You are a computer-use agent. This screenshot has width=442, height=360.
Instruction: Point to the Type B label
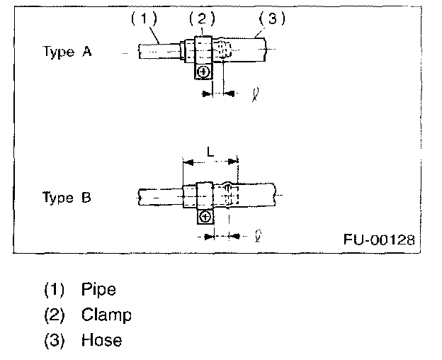coord(67,198)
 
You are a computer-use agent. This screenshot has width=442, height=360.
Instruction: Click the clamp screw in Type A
coord(203,72)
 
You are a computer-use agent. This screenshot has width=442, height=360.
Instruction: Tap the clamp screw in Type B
coord(205,217)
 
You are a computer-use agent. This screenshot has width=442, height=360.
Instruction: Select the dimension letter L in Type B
coord(210,152)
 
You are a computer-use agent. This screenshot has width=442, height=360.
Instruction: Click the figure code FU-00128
coord(379,239)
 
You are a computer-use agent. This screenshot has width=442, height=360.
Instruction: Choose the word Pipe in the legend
coord(98,289)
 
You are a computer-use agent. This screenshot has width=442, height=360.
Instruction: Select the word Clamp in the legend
coord(106,315)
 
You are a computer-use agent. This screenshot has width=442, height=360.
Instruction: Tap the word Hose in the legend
coord(101,340)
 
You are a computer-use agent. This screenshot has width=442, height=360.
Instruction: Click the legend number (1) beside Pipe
coord(54,289)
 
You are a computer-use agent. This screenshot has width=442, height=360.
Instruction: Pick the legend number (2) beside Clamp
coord(54,315)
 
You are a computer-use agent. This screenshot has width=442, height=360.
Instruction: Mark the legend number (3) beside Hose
coord(54,340)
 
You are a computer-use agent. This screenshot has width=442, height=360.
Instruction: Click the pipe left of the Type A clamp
coord(159,51)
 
